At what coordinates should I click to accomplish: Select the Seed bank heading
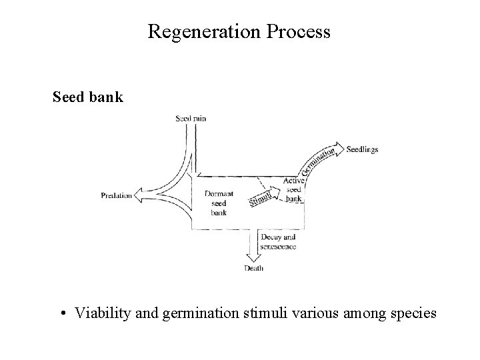pos(87,97)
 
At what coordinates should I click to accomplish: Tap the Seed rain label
pos(191,118)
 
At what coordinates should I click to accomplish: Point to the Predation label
pos(117,196)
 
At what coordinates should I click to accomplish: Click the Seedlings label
pos(362,149)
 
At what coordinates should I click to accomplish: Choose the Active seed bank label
pos(293,190)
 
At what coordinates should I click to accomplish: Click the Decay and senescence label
pos(279,241)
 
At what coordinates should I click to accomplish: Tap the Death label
pos(253,268)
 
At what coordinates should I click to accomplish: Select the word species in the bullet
pos(413,312)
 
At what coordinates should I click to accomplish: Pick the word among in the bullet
pos(360,312)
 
